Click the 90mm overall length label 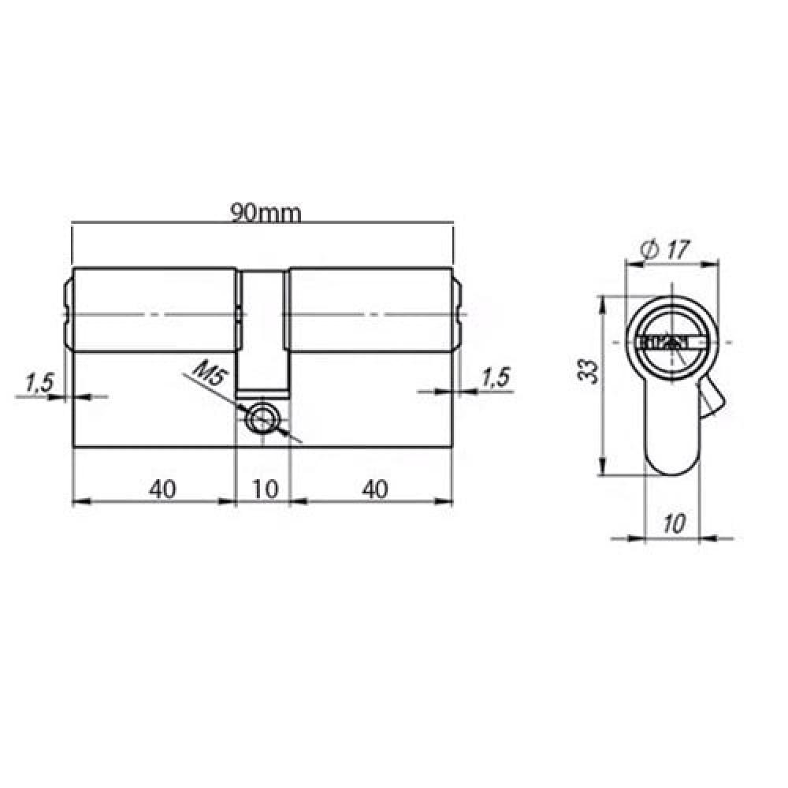pyautogui.click(x=266, y=213)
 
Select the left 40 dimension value pyautogui.click(x=162, y=489)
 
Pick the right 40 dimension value pyautogui.click(x=375, y=489)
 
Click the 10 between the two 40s pyautogui.click(x=265, y=489)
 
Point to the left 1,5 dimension pyautogui.click(x=39, y=383)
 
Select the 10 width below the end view pyautogui.click(x=674, y=524)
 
